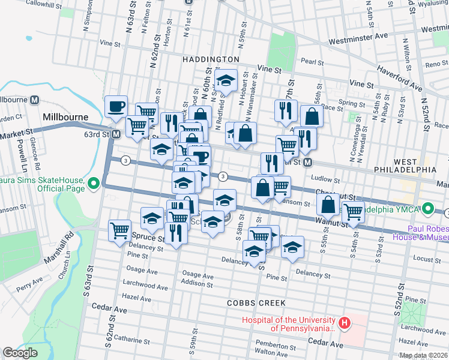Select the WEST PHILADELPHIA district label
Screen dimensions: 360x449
point(415,166)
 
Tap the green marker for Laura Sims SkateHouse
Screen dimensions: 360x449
point(93,183)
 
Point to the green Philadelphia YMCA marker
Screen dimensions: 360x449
point(427,209)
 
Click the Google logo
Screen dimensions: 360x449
point(20,352)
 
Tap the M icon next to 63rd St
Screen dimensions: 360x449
point(116,134)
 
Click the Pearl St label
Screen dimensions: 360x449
point(312,62)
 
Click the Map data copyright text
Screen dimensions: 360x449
point(423,355)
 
